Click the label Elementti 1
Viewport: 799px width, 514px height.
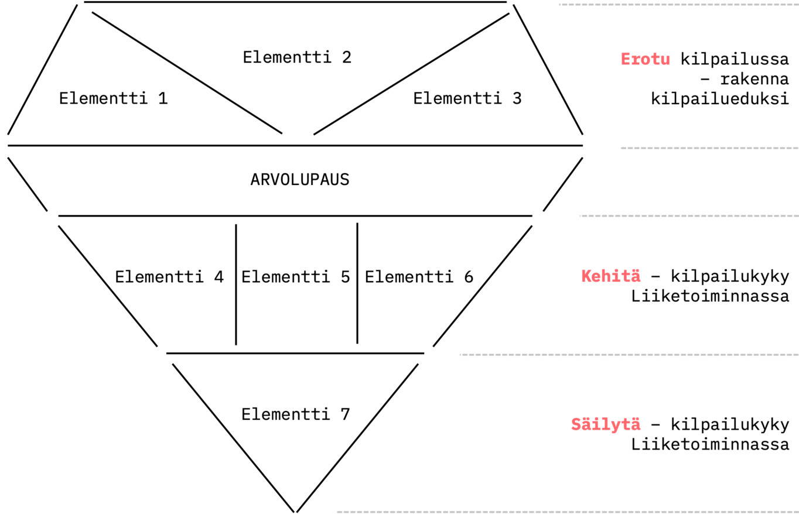(113, 98)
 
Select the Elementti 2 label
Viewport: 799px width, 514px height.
(297, 57)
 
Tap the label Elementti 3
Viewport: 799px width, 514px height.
(467, 98)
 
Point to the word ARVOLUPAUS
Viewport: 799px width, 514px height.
(299, 180)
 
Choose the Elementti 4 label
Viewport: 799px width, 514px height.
(169, 277)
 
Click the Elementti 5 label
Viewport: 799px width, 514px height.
(295, 277)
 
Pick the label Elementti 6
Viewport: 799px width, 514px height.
(419, 277)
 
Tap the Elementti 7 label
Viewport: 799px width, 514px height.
(295, 414)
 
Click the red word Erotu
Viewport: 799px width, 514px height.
(645, 59)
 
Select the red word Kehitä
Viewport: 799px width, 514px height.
(610, 276)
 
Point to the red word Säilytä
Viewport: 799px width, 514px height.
(606, 424)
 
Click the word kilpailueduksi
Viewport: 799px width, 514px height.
(719, 99)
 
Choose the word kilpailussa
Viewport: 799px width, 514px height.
(735, 59)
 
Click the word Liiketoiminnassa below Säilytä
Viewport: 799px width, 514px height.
(710, 444)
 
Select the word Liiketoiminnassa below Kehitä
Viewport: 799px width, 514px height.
(710, 296)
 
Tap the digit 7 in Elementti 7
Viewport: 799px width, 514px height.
(344, 414)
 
